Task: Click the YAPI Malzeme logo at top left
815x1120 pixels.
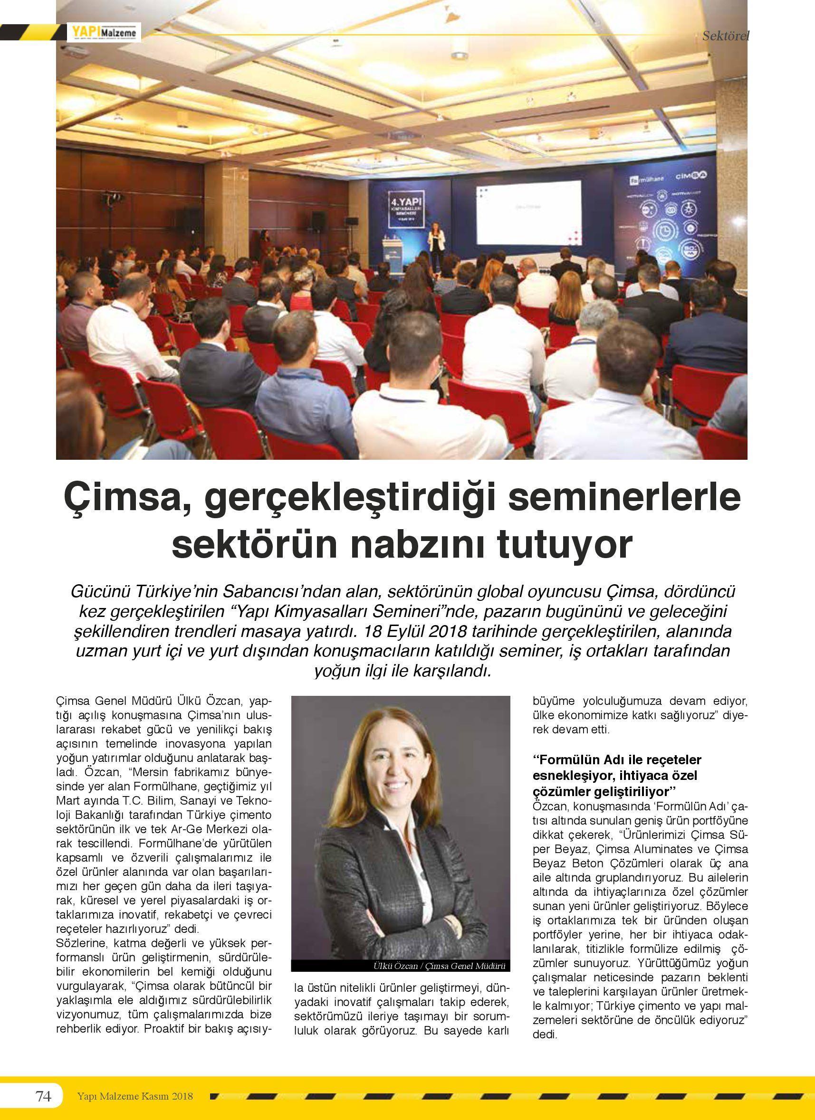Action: coord(104,33)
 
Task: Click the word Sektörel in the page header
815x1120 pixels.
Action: coord(726,35)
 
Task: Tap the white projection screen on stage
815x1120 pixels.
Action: coord(528,212)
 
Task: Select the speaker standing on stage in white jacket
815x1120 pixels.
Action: coord(437,242)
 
